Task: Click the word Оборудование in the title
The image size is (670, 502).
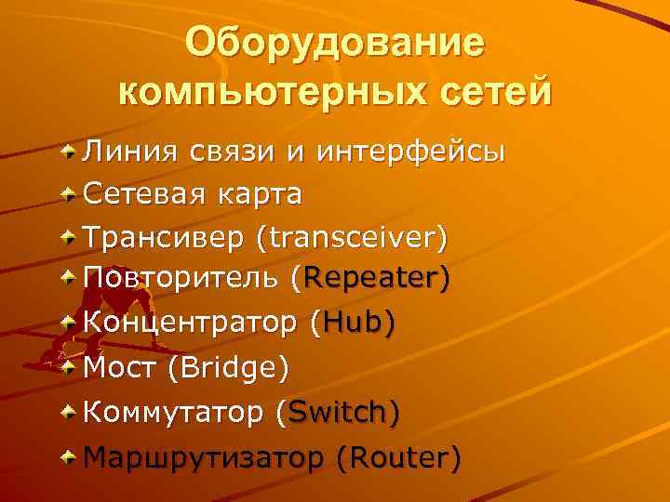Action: [334, 45]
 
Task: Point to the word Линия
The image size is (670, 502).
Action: [133, 152]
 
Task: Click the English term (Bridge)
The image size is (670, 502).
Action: [228, 367]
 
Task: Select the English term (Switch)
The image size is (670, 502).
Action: [339, 411]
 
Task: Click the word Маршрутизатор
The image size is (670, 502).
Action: [204, 456]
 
